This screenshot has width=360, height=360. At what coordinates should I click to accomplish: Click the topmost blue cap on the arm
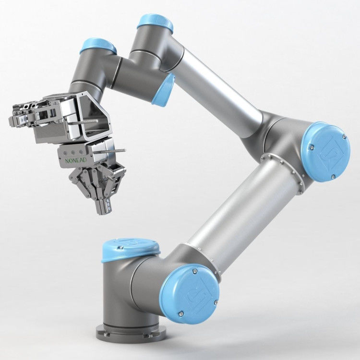(x=155, y=23)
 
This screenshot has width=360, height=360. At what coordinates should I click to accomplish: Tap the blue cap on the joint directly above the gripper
(x=98, y=46)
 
